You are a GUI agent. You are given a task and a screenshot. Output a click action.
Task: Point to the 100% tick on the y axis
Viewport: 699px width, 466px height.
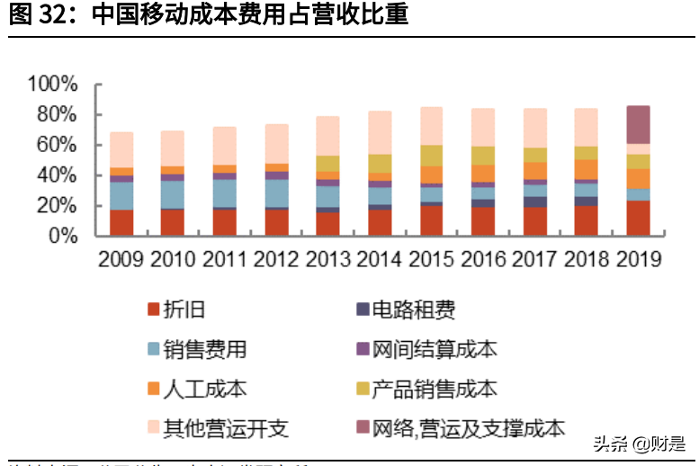click(53, 85)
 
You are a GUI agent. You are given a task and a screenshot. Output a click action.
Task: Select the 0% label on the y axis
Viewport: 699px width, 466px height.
click(66, 236)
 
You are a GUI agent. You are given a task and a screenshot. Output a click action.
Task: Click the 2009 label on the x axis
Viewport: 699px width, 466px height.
click(121, 260)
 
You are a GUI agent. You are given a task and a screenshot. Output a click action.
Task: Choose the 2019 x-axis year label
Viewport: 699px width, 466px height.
click(638, 260)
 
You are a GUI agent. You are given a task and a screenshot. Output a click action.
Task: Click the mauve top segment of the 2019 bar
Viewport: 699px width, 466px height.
click(638, 124)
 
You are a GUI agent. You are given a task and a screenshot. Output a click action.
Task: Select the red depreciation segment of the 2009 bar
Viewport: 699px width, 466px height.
click(121, 222)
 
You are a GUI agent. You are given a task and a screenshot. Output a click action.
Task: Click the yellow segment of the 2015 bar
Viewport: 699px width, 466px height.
click(433, 156)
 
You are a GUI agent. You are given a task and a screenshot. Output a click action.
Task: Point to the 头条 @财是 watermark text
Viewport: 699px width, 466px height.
click(639, 444)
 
